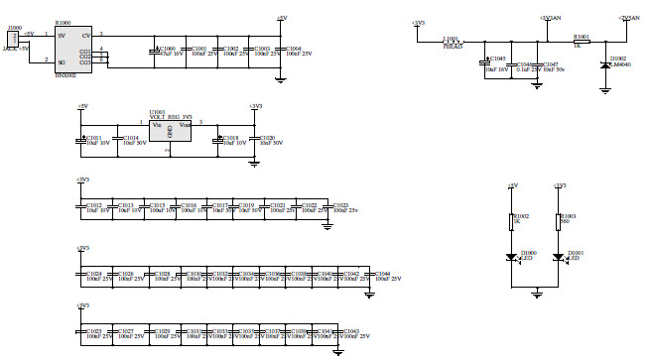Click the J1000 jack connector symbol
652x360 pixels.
pyautogui.click(x=12, y=39)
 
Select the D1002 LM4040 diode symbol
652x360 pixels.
pyautogui.click(x=606, y=65)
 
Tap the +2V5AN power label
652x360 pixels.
pyautogui.click(x=628, y=17)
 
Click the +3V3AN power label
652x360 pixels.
pyautogui.click(x=550, y=17)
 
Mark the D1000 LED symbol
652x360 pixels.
pyautogui.click(x=512, y=258)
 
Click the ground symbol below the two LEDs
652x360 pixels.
pyautogui.click(x=536, y=292)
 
